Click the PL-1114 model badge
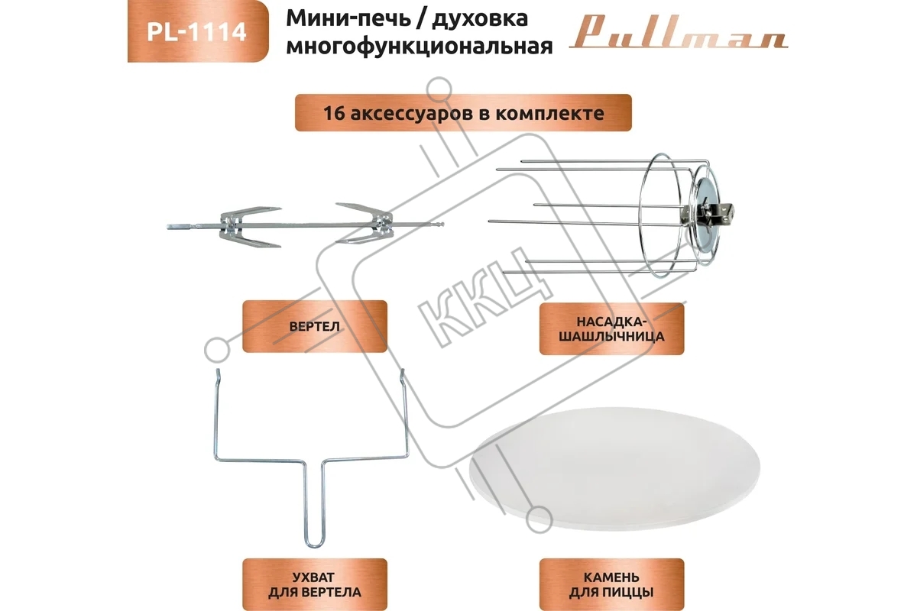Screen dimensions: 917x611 point(198,31)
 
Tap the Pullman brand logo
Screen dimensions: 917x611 point(679,33)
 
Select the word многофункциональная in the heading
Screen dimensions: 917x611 point(420,46)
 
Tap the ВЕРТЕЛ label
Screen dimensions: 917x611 point(314,326)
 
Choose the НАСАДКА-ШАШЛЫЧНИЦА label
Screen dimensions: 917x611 point(611,329)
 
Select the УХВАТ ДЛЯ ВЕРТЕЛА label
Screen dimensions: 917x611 point(314,584)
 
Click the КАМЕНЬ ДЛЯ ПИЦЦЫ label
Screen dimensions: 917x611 point(611,584)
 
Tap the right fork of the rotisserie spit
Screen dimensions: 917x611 point(365,223)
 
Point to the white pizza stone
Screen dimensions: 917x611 point(614,469)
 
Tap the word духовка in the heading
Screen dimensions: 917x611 point(480,19)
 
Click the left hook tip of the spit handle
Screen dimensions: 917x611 point(218,373)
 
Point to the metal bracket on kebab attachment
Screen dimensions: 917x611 point(721,213)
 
